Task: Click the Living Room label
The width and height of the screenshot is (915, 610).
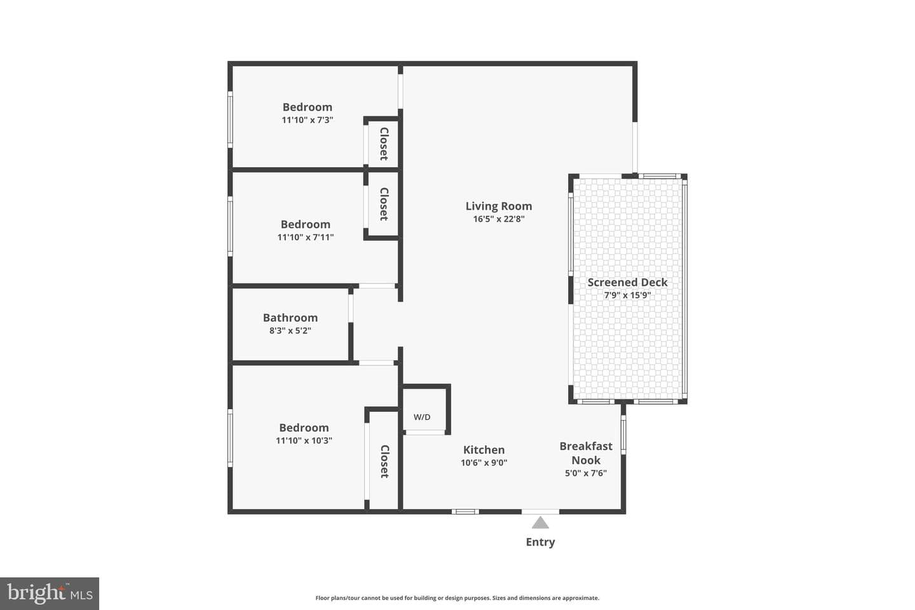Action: pos(499,206)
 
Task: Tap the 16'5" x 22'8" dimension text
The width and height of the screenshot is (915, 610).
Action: pos(499,219)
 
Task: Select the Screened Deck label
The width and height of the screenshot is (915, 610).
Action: pos(627,282)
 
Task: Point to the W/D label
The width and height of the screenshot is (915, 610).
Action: pos(422,417)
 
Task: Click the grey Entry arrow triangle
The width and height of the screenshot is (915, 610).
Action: pos(540,522)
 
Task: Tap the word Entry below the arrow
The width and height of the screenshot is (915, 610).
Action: pos(540,542)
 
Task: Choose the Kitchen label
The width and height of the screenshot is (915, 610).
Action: pos(484,450)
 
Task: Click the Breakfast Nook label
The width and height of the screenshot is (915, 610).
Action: pos(586,453)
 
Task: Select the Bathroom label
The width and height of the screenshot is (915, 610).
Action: pos(290,318)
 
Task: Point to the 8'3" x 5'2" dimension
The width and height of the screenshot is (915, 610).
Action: pos(290,330)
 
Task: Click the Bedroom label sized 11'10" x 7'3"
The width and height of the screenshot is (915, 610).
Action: pos(308,107)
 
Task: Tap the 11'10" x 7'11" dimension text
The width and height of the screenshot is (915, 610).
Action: pos(306,238)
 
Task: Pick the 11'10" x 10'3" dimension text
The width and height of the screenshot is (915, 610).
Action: pos(304,440)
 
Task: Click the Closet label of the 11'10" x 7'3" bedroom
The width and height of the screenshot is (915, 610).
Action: pos(384,144)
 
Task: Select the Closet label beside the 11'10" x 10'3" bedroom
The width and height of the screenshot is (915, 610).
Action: pos(384,461)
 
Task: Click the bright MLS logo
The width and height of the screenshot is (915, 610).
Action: pos(50,593)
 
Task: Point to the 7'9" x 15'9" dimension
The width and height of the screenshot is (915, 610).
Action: pos(627,295)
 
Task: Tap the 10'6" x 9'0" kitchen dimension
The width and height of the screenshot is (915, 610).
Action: pos(484,463)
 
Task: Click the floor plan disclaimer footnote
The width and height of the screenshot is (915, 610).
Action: pos(457,598)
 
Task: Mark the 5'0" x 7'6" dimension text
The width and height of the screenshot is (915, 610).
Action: pos(586,473)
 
